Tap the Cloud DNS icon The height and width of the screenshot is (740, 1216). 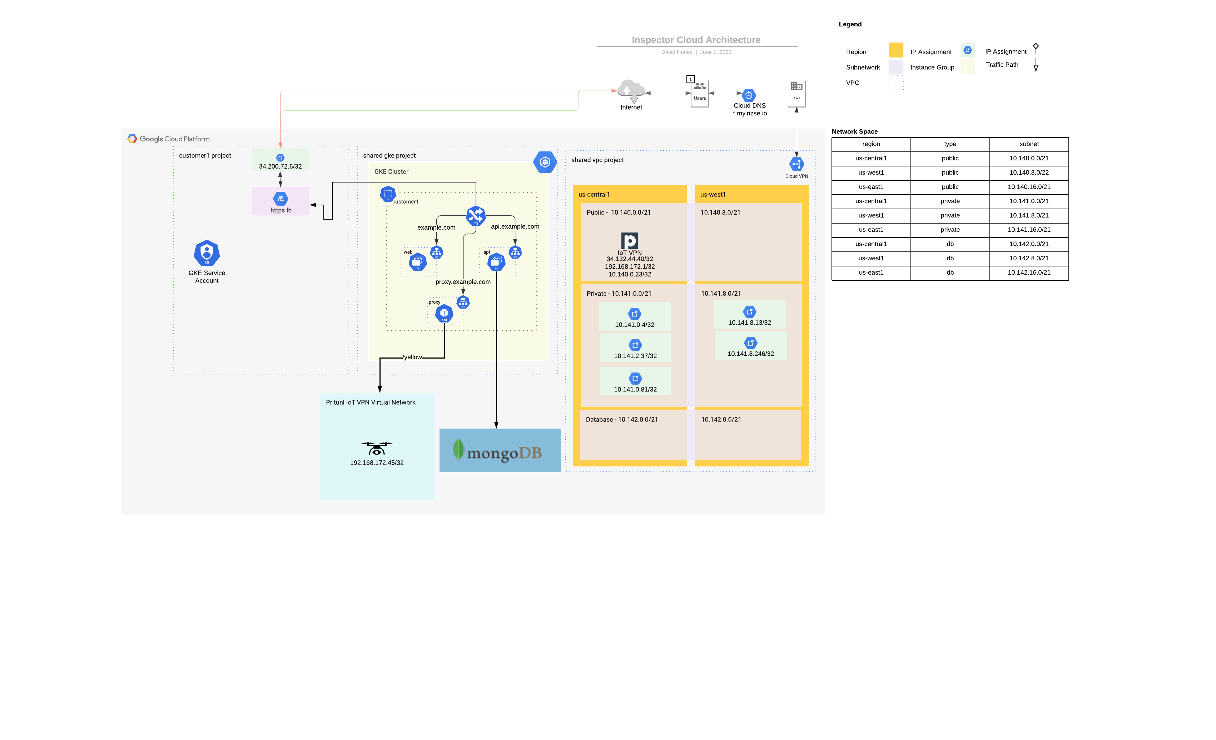749,95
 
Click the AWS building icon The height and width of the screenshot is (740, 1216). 796,87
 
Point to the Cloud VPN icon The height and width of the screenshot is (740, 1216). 796,164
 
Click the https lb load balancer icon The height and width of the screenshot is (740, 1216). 280,199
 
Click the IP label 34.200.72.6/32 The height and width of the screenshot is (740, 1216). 280,166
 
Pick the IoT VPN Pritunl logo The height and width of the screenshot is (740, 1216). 629,240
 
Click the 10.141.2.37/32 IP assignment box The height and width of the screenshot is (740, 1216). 635,348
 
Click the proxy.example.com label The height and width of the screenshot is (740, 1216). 462,282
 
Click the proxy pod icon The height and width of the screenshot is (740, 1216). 444,313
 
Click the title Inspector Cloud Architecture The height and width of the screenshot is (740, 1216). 695,40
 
